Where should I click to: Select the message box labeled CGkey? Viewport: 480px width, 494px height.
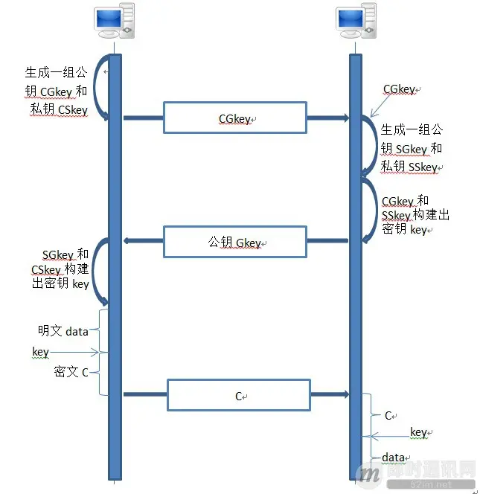234,118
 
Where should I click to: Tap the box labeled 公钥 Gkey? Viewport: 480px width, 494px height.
234,243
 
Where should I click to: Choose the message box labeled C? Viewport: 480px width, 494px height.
238,395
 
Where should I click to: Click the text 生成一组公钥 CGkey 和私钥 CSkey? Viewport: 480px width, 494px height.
56,92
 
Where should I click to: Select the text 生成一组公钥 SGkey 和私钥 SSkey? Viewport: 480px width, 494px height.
411,148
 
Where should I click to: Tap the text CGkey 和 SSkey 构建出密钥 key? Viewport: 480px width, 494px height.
415,215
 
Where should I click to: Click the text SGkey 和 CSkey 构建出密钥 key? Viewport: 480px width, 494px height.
60,269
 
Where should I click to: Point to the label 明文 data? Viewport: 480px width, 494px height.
63,331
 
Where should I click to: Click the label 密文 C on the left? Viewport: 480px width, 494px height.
71,370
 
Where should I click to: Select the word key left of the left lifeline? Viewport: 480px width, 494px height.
40,351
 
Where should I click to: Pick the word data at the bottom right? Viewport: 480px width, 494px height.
394,457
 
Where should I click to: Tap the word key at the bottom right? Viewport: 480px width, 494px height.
418,432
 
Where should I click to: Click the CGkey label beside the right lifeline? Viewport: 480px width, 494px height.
399,89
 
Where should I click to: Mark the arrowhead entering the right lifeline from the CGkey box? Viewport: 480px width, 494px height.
345,118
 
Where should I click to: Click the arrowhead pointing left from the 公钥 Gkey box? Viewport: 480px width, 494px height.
128,240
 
